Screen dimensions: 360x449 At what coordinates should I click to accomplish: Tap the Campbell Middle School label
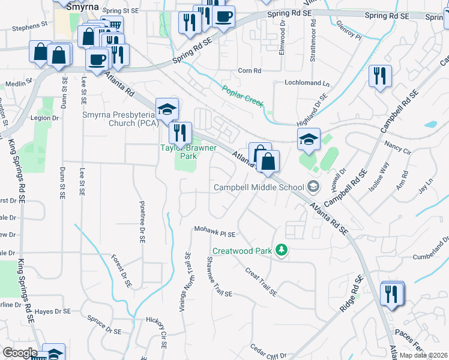259,187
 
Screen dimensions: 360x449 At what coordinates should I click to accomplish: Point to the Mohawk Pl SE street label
214,230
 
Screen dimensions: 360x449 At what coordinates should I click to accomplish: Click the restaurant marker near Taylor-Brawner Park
180,133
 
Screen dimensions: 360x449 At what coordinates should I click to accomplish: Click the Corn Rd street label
249,71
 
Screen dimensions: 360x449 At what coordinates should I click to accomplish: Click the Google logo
20,352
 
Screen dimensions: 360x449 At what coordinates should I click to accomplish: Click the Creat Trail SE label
261,281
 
